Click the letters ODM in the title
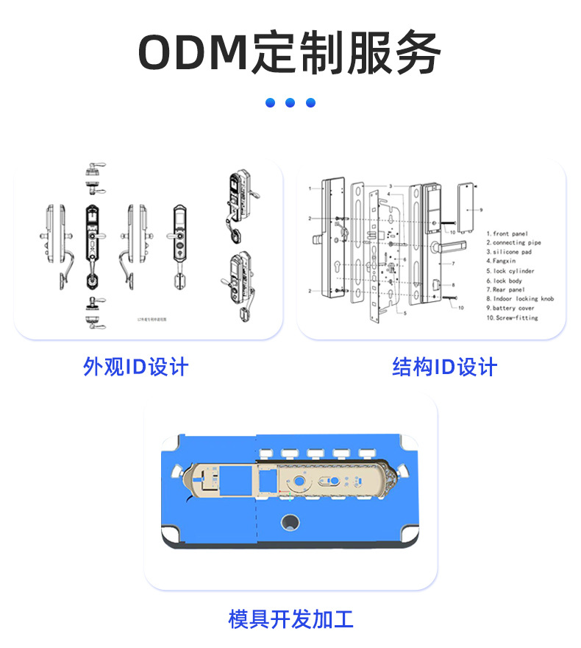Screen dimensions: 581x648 click(193, 53)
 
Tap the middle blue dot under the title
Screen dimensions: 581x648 click(290, 102)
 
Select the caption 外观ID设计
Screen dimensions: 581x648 click(136, 367)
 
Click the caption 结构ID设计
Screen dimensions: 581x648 click(445, 367)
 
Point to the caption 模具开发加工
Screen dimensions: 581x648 click(290, 619)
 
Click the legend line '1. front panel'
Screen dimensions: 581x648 click(507, 233)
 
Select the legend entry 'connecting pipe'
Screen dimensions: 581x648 click(517, 243)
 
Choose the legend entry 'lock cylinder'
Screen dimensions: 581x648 click(513, 271)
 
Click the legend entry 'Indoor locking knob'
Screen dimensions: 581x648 click(523, 299)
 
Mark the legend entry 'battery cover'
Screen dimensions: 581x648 click(513, 309)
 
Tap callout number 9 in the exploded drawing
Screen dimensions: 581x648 click(481, 210)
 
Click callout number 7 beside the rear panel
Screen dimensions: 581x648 click(453, 263)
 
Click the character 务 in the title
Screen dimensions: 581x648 click(416, 53)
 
